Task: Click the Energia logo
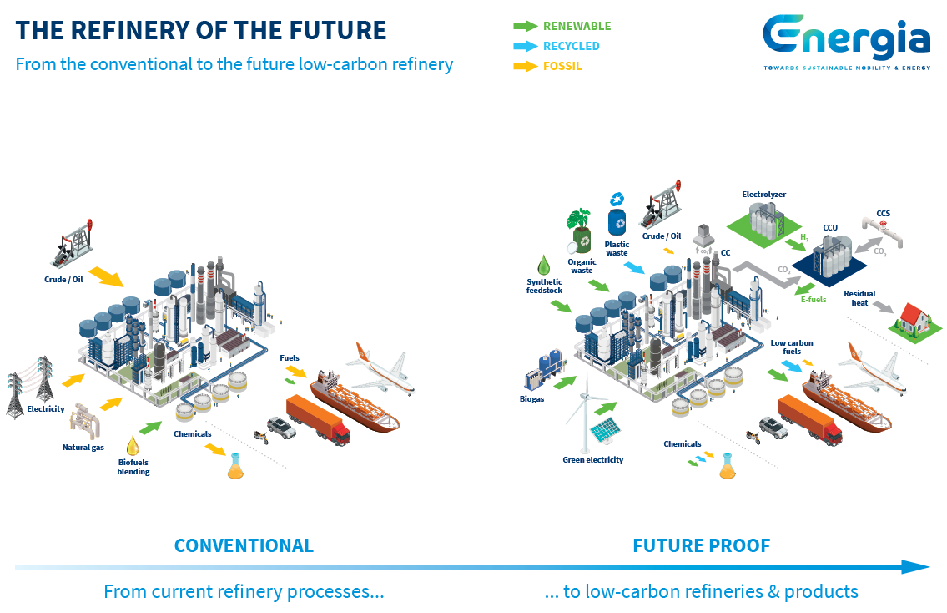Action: point(847,43)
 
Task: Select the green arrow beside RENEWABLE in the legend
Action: point(526,26)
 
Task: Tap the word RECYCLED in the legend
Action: point(572,46)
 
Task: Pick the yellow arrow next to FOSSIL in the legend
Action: point(526,66)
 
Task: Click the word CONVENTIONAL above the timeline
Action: point(244,545)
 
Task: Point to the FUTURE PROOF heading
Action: point(701,545)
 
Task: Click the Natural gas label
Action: point(83,448)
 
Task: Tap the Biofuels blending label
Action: point(133,467)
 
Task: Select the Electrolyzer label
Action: point(764,194)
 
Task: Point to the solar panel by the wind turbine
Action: point(605,430)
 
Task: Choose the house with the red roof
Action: point(914,321)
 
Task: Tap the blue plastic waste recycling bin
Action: point(617,222)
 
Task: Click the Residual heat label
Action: point(859,298)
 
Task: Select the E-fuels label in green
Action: point(814,299)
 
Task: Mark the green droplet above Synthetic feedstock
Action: point(544,266)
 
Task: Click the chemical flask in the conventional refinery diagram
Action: point(235,467)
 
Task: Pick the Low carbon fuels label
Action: point(792,347)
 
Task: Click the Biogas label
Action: point(532,399)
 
